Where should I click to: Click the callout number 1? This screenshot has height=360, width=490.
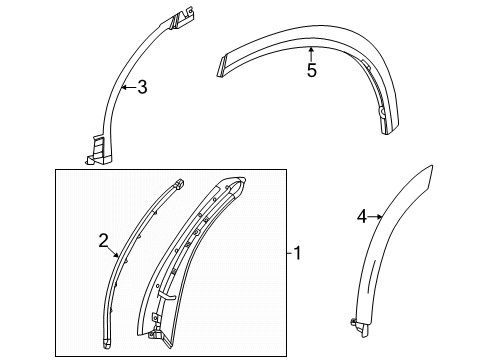tap(297, 254)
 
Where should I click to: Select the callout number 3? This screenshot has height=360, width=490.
tap(142, 87)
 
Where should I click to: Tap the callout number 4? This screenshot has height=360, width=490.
tap(362, 215)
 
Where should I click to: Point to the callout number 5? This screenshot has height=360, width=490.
tap(311, 71)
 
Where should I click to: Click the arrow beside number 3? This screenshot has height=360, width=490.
tap(126, 87)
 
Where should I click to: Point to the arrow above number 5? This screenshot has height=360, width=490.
tap(311, 53)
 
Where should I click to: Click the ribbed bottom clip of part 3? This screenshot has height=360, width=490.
tap(94, 149)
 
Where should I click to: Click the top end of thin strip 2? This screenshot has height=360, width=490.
tap(178, 184)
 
